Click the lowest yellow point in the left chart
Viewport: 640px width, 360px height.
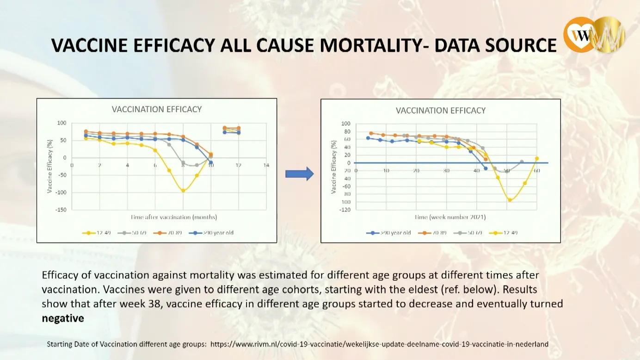click(x=183, y=191)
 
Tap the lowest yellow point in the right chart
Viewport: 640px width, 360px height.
click(x=510, y=200)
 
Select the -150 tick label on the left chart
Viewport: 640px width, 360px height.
click(x=61, y=210)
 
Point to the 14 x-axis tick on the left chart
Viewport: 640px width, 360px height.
click(x=266, y=165)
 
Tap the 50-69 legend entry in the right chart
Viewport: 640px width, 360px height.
click(x=468, y=232)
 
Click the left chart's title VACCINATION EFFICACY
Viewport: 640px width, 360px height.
click(x=157, y=110)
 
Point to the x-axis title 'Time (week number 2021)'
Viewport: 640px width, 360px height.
click(x=450, y=217)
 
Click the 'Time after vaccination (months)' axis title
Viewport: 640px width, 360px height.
click(x=173, y=217)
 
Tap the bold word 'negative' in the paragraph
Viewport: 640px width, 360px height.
click(x=63, y=318)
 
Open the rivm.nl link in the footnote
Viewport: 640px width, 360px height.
click(x=379, y=344)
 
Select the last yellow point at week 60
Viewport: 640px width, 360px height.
click(x=536, y=159)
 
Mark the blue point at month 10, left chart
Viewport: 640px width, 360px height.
click(x=211, y=162)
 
